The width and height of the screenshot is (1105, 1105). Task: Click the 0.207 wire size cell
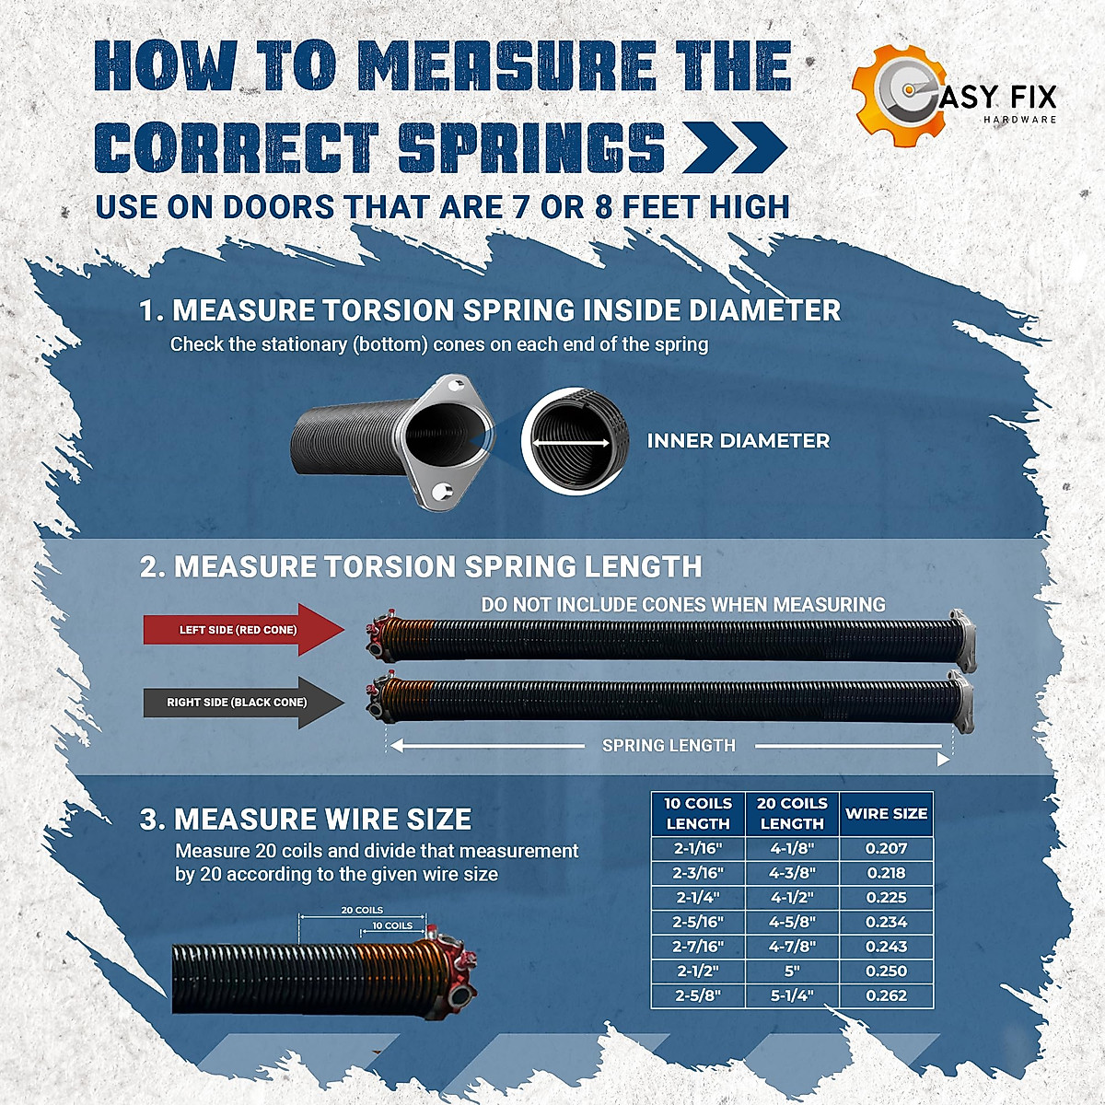pos(886,848)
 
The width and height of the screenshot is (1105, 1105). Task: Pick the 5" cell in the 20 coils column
pos(792,971)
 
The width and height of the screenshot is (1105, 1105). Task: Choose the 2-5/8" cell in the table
pos(698,995)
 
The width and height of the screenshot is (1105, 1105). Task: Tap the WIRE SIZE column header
pos(886,813)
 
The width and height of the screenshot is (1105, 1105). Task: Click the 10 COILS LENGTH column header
pos(698,813)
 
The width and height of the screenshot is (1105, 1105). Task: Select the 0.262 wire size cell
pos(886,995)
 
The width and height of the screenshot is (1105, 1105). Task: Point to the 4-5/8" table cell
pos(792,922)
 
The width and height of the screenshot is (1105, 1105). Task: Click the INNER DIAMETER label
pos(738,441)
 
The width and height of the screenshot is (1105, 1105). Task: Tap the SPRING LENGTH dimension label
pos(669,746)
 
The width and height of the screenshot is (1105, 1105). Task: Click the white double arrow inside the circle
pos(572,443)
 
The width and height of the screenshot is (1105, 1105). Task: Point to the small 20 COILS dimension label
pos(362,910)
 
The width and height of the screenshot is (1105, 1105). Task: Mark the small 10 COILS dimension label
pos(392,925)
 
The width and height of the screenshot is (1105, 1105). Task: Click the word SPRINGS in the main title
pos(531,146)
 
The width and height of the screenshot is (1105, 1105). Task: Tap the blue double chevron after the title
pos(735,147)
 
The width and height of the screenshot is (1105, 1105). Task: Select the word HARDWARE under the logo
pos(1019,120)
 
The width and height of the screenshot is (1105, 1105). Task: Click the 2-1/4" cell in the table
pos(698,897)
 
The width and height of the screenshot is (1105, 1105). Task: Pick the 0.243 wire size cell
pos(886,946)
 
